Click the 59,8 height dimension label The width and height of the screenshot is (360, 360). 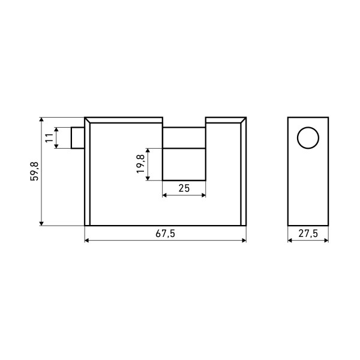click(34, 171)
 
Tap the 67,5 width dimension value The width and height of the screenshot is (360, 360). click(166, 234)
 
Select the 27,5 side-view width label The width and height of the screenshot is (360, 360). click(308, 234)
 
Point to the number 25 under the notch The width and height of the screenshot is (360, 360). click(184, 188)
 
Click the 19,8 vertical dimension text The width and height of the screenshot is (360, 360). click(140, 164)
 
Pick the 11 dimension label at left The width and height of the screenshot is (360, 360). click(49, 138)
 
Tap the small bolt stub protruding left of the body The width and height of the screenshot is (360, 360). click(78, 138)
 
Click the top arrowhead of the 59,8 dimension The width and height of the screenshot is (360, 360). click(41, 119)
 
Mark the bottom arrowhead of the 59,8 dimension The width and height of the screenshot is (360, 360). click(41, 224)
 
